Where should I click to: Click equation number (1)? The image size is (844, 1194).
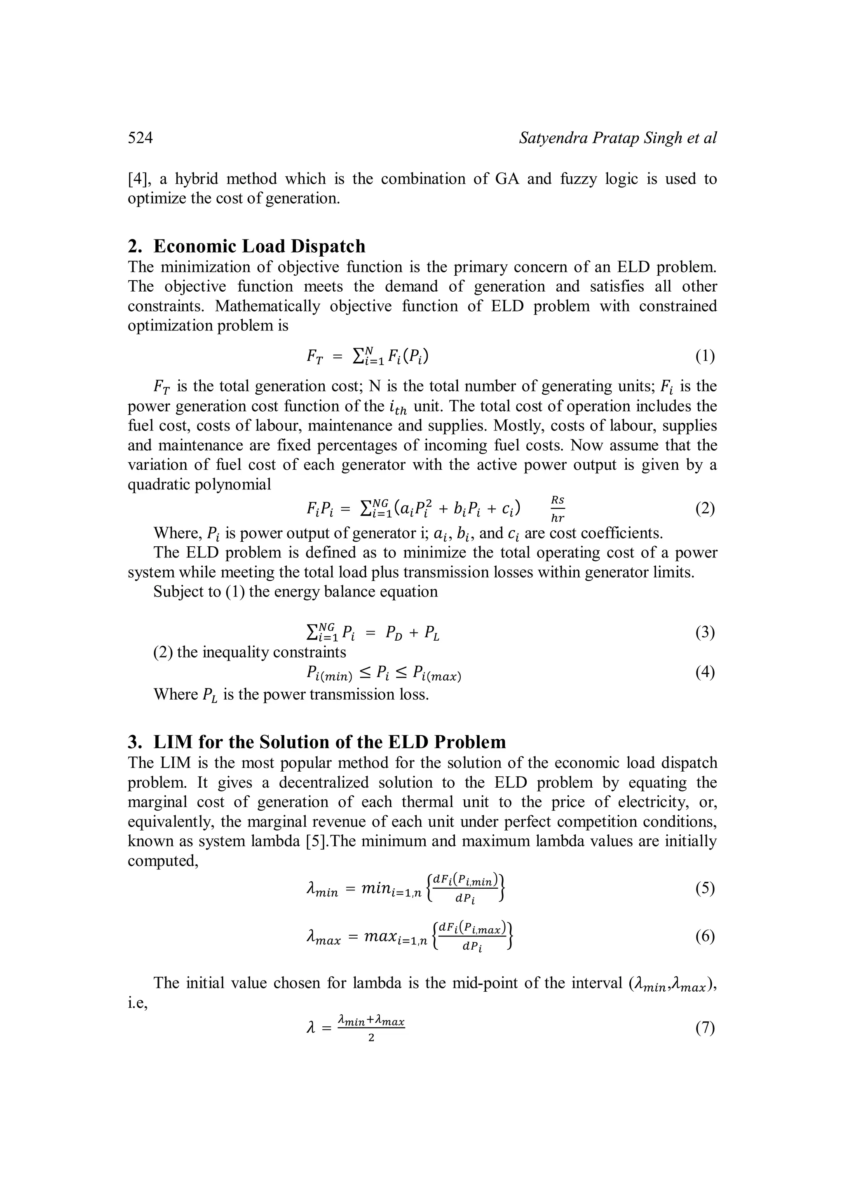tap(705, 356)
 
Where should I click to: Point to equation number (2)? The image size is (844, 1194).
tap(705, 508)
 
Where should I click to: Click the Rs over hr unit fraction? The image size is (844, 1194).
tap(558, 508)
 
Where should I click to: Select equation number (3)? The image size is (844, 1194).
tap(705, 632)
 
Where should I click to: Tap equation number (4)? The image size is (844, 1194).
tap(705, 672)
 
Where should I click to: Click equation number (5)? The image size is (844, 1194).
tap(705, 888)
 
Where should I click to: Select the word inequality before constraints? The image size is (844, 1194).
tap(235, 652)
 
